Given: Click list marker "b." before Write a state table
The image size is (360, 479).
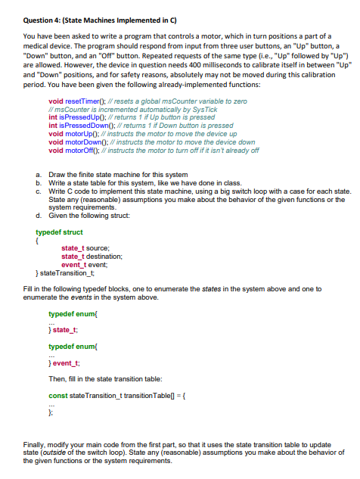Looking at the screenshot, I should (x=39, y=181).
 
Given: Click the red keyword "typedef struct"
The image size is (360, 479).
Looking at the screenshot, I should (x=58, y=232).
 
